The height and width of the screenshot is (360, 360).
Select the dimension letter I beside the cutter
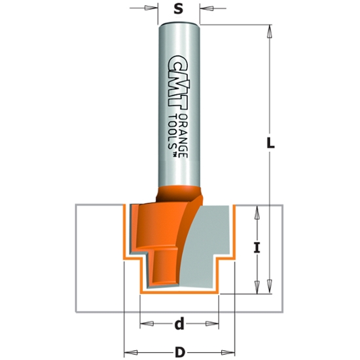click(x=257, y=248)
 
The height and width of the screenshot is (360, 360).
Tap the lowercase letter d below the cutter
click(x=179, y=323)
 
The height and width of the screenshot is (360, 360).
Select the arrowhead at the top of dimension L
click(x=268, y=29)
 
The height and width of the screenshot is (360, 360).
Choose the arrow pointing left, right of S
click(x=204, y=9)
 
